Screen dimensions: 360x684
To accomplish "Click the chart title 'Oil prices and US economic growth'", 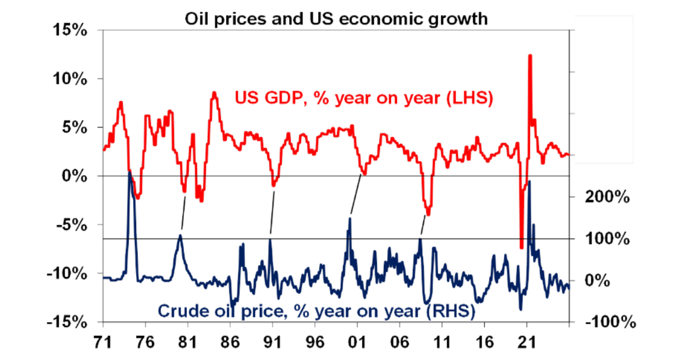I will click(x=336, y=19).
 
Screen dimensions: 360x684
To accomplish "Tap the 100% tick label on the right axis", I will click(x=606, y=239).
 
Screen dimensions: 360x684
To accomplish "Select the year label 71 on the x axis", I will click(x=103, y=343).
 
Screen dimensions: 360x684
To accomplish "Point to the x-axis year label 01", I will click(x=357, y=343).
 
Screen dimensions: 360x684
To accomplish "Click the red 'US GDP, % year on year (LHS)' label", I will click(x=364, y=98).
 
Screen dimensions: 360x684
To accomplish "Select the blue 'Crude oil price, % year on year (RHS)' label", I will click(x=317, y=310).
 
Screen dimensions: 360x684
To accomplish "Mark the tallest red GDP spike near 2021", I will click(x=530, y=56).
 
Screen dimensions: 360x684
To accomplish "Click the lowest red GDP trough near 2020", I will click(x=521, y=247).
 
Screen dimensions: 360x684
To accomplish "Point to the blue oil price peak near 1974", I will click(x=130, y=173).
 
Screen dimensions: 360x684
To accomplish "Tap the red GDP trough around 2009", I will click(x=428, y=214).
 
